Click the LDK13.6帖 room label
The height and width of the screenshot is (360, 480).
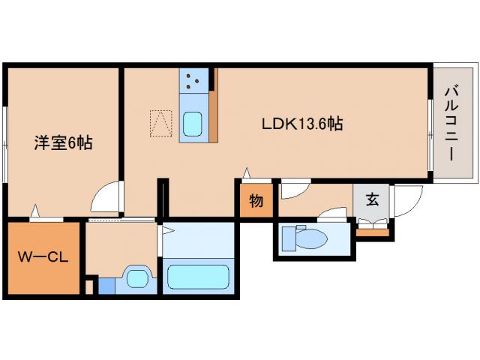(x=302, y=124)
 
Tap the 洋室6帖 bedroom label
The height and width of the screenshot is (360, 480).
(x=63, y=142)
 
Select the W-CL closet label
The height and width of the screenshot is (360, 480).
(x=43, y=257)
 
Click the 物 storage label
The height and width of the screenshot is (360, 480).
(x=255, y=202)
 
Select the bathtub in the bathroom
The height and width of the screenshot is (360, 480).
(x=198, y=276)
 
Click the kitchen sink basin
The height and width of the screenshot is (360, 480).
(x=193, y=123)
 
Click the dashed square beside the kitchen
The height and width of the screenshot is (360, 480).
(x=160, y=124)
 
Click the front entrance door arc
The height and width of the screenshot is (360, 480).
(x=404, y=200)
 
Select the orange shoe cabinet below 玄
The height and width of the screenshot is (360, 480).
(x=373, y=231)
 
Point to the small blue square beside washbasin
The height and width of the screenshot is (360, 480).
(x=106, y=286)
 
